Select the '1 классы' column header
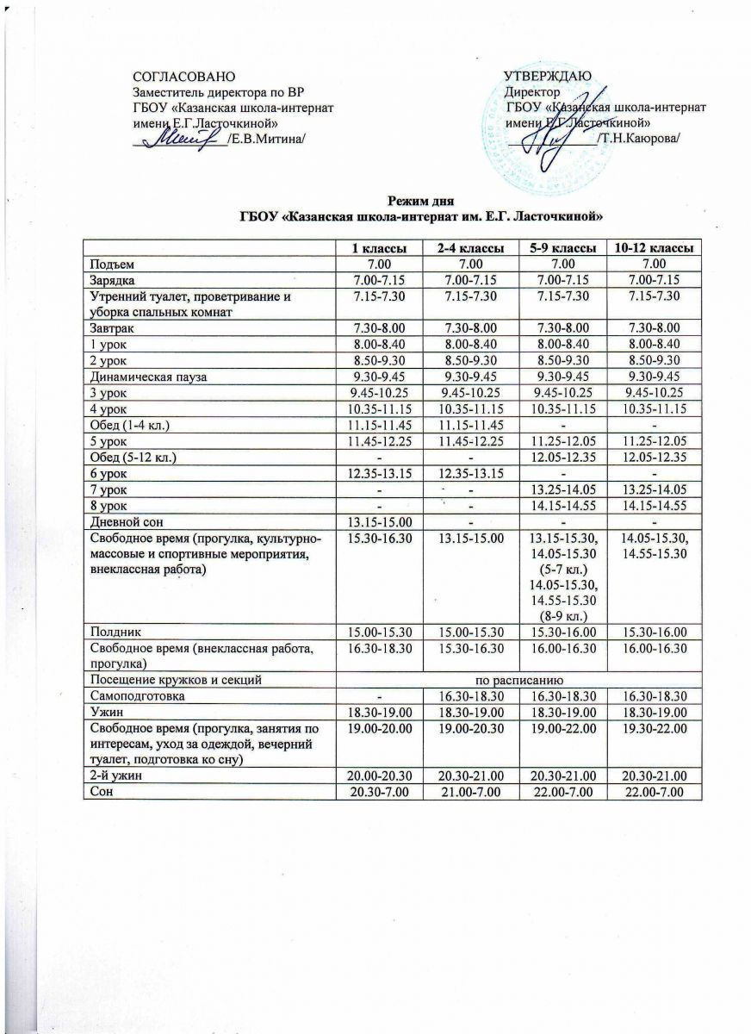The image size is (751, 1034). (379, 248)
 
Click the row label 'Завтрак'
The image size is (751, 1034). (108, 328)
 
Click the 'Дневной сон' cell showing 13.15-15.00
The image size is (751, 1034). (379, 520)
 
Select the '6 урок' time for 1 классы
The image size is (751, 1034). (379, 472)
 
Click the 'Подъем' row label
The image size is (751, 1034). (108, 263)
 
